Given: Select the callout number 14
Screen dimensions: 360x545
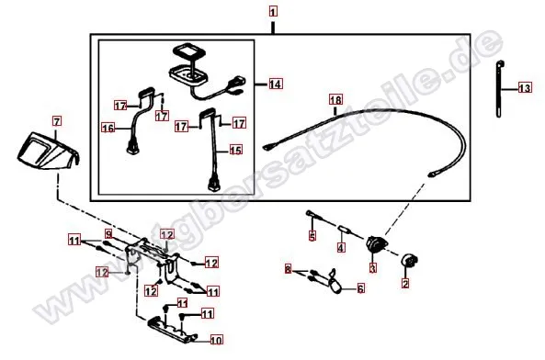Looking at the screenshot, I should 275,84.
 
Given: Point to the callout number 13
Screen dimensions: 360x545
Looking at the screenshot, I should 524,89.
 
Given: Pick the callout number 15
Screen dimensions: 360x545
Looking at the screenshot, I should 235,149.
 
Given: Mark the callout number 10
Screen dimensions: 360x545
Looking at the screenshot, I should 217,339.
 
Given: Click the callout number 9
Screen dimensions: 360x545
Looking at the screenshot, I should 108,235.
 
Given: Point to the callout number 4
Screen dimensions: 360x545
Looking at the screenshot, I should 341,247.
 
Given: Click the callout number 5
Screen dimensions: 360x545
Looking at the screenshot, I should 312,236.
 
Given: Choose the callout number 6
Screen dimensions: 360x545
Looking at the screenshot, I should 360,288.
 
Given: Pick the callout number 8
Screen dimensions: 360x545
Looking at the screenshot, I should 288,269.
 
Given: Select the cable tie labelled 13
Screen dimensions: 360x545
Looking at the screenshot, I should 502,87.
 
